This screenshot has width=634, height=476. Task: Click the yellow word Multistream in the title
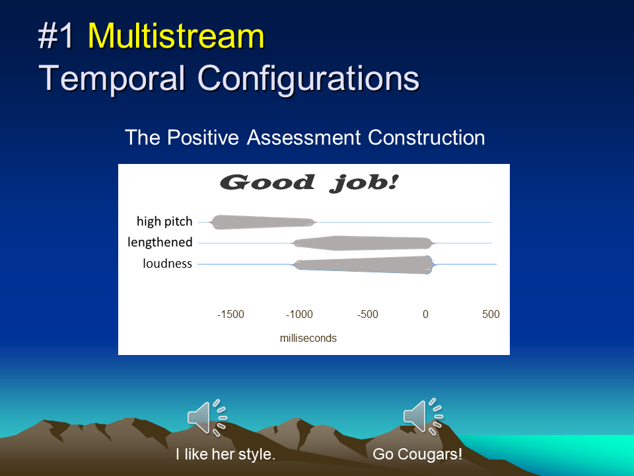point(176,36)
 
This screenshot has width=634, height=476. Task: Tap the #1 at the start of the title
point(55,36)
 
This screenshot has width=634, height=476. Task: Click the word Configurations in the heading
point(308,79)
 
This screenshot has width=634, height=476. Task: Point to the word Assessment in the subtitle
point(303,138)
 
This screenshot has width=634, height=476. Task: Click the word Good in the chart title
point(267,182)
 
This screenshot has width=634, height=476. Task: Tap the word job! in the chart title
point(364,183)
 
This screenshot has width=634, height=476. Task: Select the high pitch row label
point(164,221)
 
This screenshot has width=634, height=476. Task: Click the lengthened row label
point(160,243)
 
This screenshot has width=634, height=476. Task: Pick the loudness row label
point(167,264)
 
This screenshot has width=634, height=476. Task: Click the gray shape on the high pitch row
point(263,222)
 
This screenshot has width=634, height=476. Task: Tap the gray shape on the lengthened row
point(363,243)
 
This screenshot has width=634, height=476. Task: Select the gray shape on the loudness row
point(363,264)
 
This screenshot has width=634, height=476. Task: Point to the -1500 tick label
point(230,315)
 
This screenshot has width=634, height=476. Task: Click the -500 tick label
point(368,315)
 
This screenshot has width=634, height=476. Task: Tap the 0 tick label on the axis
point(425,315)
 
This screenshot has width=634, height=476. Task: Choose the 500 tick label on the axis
point(491,315)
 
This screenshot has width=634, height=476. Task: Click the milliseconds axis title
point(308,338)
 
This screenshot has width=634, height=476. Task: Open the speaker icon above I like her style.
point(207,418)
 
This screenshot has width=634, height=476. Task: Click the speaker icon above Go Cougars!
point(423,416)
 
